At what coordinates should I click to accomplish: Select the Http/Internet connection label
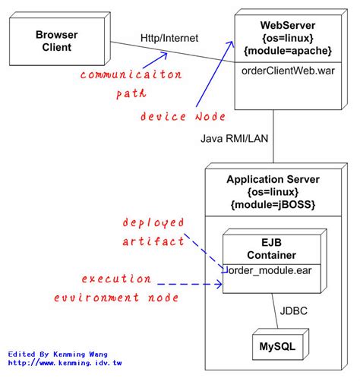click(x=170, y=38)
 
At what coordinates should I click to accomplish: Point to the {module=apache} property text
click(x=288, y=51)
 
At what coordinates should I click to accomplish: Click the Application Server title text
click(x=273, y=179)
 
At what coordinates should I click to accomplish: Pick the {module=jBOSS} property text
click(x=273, y=206)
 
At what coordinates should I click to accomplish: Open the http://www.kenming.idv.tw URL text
click(x=65, y=364)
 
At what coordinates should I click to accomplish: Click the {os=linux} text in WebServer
click(x=287, y=38)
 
